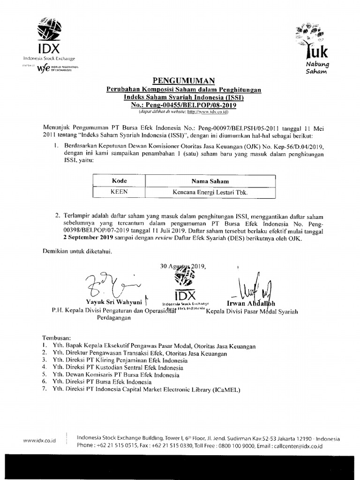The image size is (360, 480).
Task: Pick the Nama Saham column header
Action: click(x=210, y=180)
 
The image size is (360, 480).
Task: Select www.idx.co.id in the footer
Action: click(x=39, y=441)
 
